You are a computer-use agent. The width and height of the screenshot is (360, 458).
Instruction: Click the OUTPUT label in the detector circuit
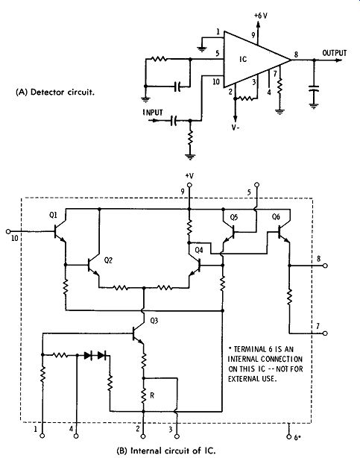coord(335,53)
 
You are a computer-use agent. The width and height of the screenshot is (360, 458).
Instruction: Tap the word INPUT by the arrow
coord(153,113)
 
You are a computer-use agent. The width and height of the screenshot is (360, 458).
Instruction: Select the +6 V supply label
coord(260,16)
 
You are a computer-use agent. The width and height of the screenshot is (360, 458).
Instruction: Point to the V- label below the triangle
coord(236,128)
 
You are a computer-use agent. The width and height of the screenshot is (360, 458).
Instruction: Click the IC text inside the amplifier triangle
coord(243,59)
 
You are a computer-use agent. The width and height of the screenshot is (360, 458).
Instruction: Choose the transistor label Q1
coord(53,216)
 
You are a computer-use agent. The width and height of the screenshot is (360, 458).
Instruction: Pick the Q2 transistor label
coord(108,260)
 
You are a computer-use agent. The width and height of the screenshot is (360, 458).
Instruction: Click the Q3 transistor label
coord(154,321)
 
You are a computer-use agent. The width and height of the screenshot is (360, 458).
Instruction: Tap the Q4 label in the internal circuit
coord(199,250)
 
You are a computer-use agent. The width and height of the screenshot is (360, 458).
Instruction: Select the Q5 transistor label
coord(234,217)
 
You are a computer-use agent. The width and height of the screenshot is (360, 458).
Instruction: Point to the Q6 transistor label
coord(276,217)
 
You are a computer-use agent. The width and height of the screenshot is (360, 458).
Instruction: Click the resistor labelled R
coord(143,395)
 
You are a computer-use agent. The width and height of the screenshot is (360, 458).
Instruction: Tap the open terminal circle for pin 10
coord(8,232)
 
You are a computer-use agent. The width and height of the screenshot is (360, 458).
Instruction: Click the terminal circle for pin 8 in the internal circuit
coord(325,266)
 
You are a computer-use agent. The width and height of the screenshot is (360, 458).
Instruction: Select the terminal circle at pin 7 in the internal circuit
coord(325,333)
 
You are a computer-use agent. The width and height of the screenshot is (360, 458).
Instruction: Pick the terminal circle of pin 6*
coord(288,436)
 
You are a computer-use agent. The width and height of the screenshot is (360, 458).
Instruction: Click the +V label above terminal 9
coord(189,176)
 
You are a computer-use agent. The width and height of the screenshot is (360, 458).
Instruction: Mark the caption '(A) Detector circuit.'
coord(55,92)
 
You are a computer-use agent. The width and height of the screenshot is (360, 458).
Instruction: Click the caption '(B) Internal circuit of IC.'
coord(166,451)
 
